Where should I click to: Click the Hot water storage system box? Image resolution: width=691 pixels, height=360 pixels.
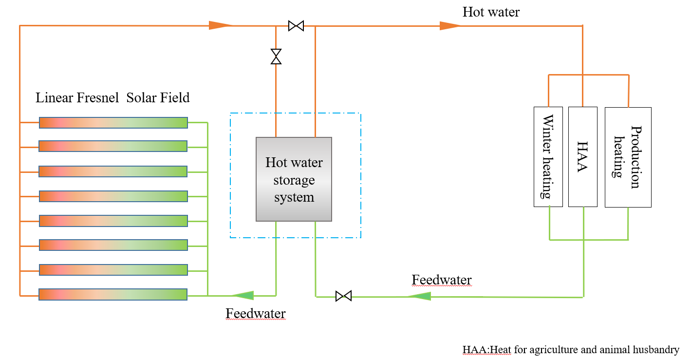tap(294, 179)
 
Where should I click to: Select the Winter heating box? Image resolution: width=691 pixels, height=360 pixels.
tap(548, 157)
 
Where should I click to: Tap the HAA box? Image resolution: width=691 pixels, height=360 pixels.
tap(582, 157)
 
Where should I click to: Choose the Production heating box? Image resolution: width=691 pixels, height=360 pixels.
tap(628, 157)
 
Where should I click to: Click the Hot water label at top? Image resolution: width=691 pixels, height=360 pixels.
tap(491, 12)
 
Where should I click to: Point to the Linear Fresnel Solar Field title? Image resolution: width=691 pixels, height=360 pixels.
tap(112, 98)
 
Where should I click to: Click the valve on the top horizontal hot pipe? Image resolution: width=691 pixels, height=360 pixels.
tap(296, 26)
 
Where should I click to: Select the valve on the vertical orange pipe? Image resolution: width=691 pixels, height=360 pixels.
tap(276, 57)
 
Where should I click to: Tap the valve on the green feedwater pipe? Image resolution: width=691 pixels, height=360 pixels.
tap(343, 296)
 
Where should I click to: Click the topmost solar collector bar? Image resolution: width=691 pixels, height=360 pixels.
tap(113, 122)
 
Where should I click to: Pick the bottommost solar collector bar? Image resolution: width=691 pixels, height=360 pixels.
tap(113, 294)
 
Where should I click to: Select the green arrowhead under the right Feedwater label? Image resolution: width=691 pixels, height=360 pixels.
tap(419, 296)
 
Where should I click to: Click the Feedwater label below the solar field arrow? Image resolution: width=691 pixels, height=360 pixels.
tap(255, 313)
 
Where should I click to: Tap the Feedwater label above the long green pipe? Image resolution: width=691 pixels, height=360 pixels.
tap(442, 280)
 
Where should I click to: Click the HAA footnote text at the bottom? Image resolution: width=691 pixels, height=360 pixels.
tap(570, 350)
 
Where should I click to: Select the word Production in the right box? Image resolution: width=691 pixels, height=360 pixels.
tap(635, 157)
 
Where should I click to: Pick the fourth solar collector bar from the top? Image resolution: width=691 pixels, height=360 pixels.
tap(113, 196)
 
